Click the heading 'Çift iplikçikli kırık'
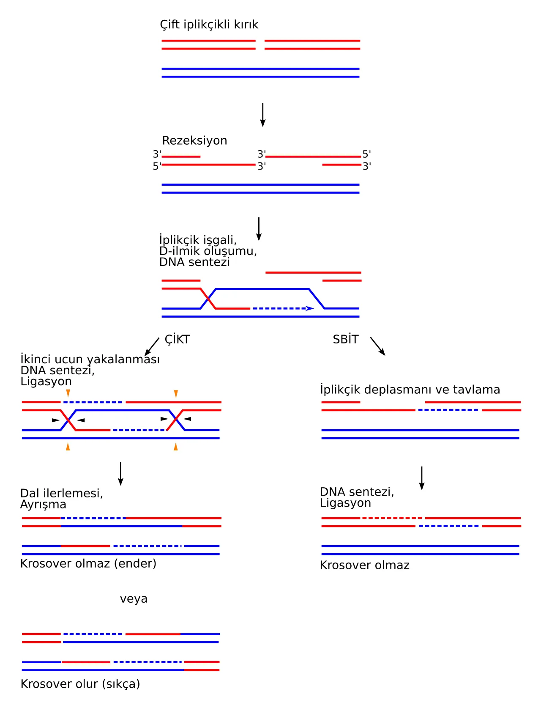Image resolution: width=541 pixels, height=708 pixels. tap(209, 25)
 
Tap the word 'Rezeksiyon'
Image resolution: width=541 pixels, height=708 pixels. tap(194, 140)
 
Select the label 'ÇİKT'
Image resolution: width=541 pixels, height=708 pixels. tap(177, 339)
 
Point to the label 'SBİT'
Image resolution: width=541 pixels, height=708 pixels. tap(345, 339)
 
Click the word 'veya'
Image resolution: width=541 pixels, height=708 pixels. tap(134, 598)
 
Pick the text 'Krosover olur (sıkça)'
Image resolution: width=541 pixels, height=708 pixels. tap(80, 684)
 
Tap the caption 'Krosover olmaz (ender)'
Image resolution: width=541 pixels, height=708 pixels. tap(88, 563)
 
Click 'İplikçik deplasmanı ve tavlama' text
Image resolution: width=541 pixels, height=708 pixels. tap(410, 390)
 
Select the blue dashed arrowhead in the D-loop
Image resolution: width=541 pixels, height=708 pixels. tap(310, 308)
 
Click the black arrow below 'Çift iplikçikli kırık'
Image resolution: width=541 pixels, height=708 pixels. tap(262, 115)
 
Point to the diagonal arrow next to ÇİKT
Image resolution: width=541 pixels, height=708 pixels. tap(152, 347)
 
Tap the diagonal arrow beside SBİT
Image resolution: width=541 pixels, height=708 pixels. tap(377, 346)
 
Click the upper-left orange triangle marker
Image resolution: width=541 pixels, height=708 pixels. tap(68, 393)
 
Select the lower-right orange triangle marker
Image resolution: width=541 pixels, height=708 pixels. tap(175, 446)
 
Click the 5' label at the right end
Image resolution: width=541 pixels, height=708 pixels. tap(367, 154)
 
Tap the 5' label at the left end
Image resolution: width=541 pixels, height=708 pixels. tap(157, 166)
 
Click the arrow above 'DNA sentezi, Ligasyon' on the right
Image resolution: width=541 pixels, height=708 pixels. tap(421, 478)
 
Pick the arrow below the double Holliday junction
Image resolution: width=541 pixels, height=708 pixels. tap(120, 474)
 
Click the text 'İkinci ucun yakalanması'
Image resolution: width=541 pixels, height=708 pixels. tap(90, 359)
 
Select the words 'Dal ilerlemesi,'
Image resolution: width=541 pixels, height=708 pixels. tap(62, 493)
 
